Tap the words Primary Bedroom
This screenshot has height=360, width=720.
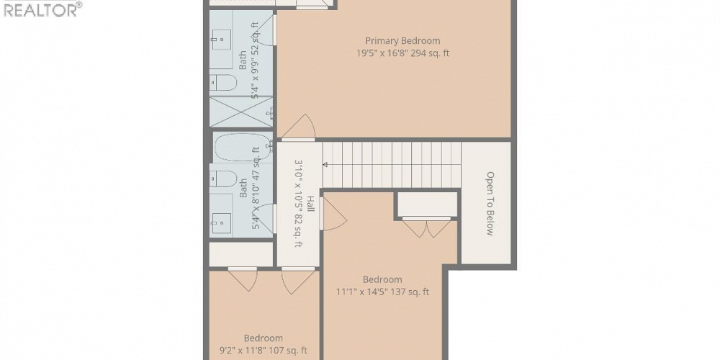402,41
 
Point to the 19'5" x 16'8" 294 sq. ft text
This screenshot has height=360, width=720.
402,53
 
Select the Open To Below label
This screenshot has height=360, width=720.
490,203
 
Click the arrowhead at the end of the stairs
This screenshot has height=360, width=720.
325,165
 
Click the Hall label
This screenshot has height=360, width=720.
310,204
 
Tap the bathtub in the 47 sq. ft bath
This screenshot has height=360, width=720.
241,148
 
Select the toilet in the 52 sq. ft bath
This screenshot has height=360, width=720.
223,83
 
